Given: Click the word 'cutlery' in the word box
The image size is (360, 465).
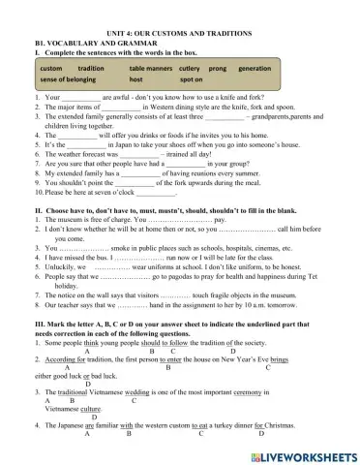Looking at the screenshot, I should [190, 70].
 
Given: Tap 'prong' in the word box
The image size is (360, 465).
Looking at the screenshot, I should [217, 70].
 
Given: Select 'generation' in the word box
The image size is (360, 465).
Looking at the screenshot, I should [254, 70].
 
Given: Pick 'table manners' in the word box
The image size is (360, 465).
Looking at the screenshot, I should [150, 70].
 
